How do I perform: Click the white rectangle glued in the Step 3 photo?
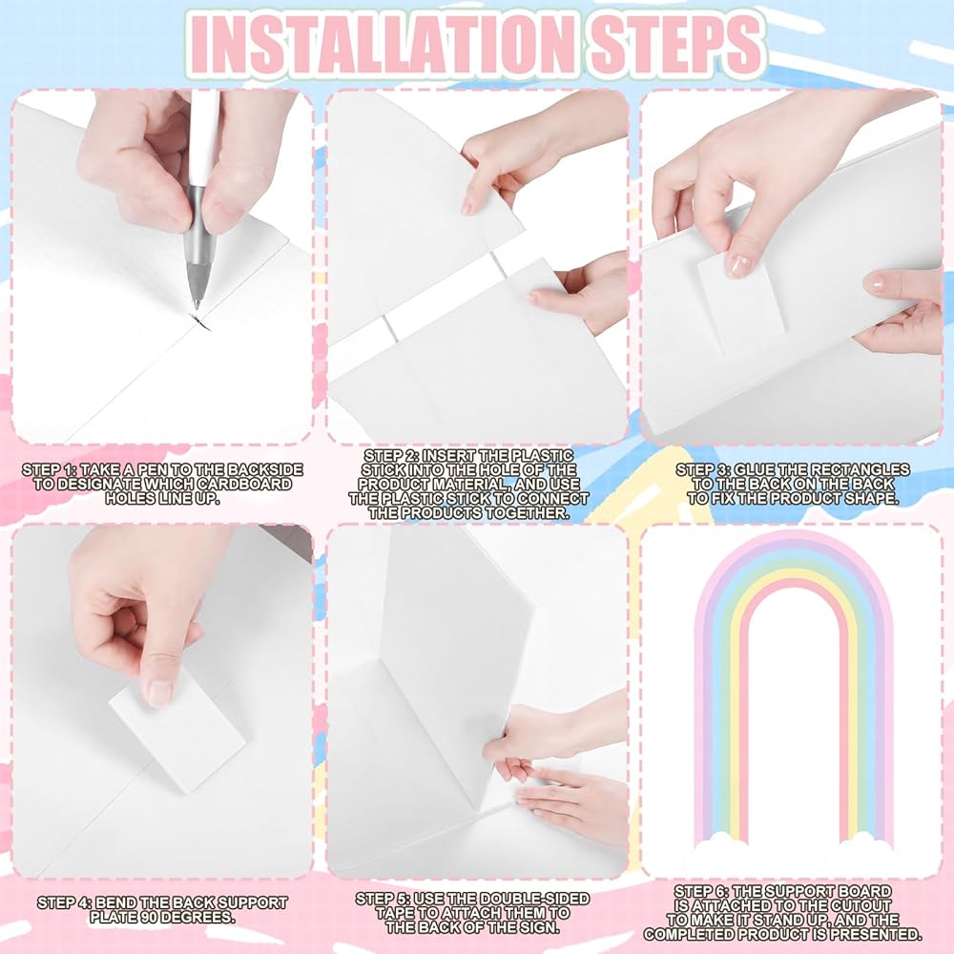tap(740, 301)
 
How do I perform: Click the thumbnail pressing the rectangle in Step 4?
tap(159, 692)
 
